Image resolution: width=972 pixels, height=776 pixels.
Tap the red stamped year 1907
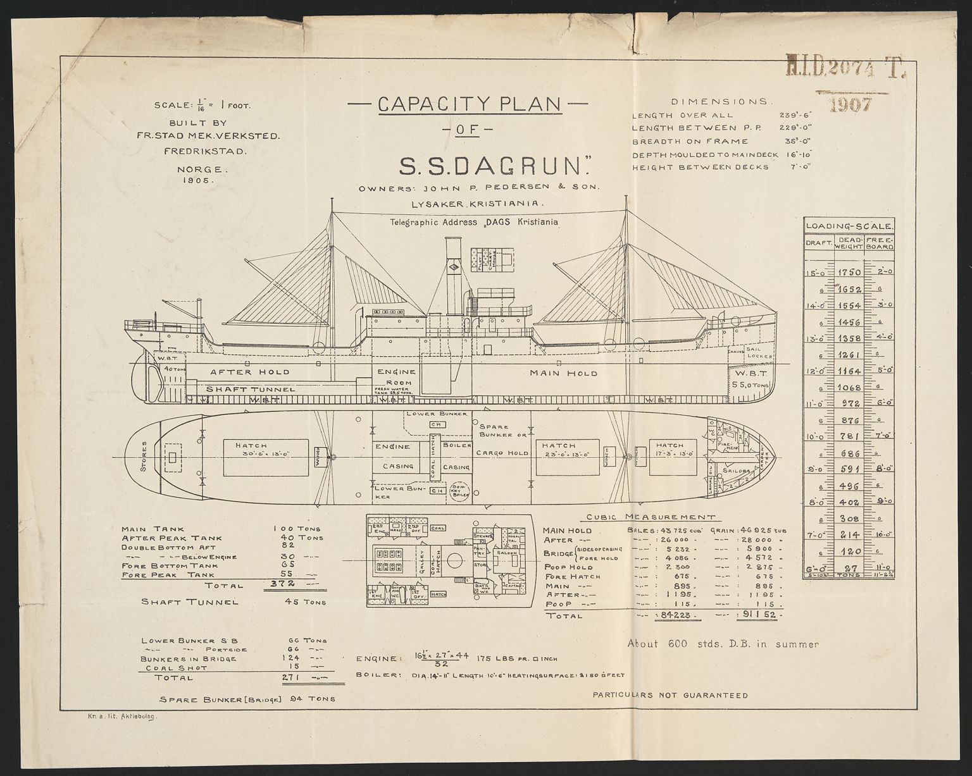click(851, 103)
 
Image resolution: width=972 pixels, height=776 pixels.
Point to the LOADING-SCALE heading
click(849, 226)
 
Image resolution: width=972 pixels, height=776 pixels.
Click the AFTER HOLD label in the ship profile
click(249, 372)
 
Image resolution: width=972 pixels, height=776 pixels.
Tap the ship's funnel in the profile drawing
click(454, 278)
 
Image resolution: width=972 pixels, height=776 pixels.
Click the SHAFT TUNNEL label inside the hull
click(251, 389)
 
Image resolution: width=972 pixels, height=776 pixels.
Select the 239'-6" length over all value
click(795, 115)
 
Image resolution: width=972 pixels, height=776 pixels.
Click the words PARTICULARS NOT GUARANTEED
click(670, 695)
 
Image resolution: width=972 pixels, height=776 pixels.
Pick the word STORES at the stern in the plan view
click(146, 457)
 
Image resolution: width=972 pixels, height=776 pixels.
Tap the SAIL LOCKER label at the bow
click(759, 352)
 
